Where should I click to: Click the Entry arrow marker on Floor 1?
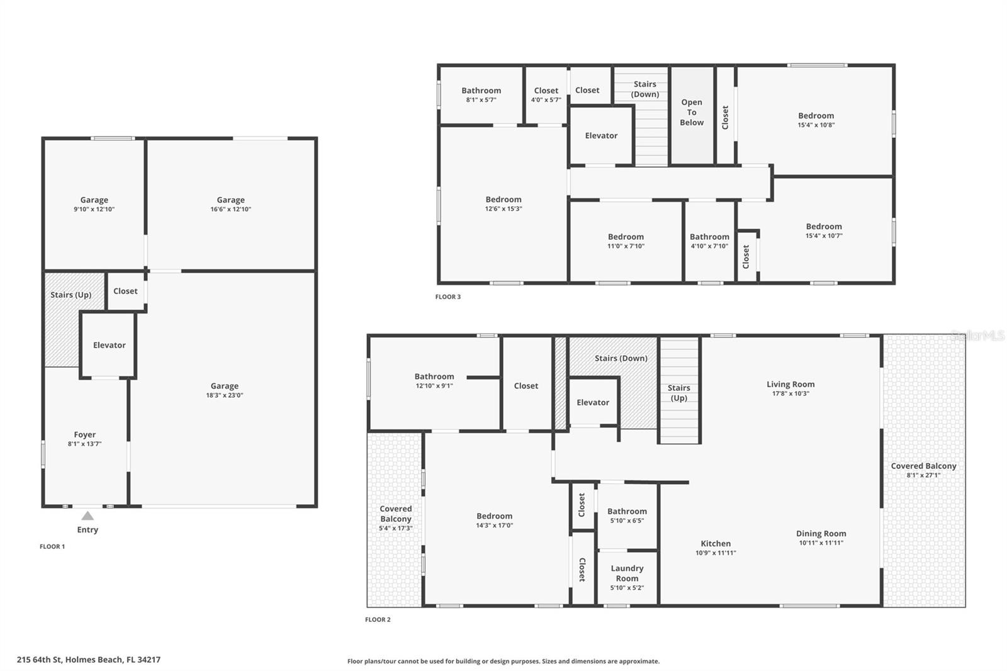coord(87,516)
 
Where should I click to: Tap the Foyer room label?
coord(84,435)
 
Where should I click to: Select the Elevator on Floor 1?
coord(109,345)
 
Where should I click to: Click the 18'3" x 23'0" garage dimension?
coord(225,395)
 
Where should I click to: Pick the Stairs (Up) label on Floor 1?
coord(70,295)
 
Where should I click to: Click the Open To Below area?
coord(692,113)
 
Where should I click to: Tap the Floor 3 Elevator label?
coord(601,135)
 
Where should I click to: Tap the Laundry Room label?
coord(627,573)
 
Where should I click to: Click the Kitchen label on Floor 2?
coord(716,544)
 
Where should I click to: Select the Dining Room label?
coord(821,534)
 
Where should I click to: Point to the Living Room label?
coord(790,385)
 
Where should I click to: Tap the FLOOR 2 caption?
coord(378,619)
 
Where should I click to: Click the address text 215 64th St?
coord(89,660)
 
